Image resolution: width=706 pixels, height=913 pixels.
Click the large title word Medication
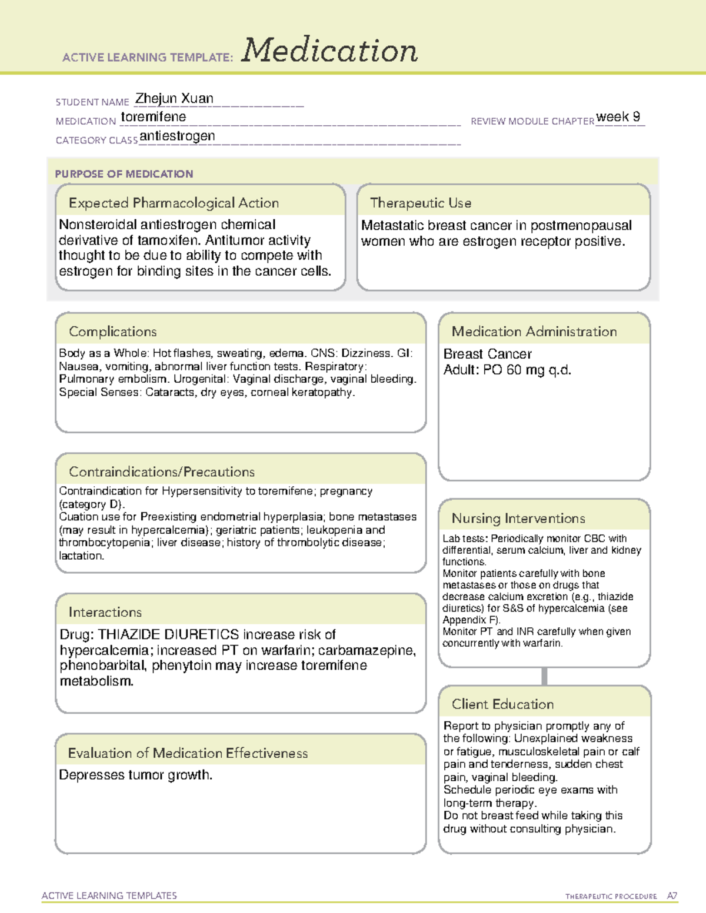coord(329,51)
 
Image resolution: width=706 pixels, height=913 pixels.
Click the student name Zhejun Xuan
coord(174,99)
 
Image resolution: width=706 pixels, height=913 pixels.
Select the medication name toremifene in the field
coord(154,117)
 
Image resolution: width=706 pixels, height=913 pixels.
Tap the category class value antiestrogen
coord(177,136)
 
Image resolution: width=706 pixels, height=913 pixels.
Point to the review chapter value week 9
coord(618,117)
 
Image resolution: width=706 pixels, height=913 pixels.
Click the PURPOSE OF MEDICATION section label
coord(124,174)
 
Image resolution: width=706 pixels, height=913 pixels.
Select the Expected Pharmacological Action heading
coord(174,203)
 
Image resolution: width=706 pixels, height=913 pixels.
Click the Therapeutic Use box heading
coord(421,203)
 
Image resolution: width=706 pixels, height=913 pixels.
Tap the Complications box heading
coord(113,332)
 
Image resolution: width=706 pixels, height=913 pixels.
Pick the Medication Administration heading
coord(534,332)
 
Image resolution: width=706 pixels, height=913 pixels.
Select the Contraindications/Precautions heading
coord(162,471)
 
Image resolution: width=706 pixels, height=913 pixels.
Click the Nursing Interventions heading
coord(518,519)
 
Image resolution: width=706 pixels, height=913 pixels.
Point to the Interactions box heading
coord(105,612)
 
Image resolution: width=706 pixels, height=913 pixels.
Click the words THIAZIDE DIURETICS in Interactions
coord(168,634)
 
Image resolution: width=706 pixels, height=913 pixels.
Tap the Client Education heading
coord(503,704)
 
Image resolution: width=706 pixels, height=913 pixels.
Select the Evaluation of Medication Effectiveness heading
coord(188,753)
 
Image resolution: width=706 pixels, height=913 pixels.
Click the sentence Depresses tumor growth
coord(136,775)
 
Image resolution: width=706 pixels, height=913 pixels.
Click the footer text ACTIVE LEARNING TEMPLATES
coord(109,895)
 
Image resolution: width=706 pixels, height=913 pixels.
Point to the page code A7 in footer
coord(672,896)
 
